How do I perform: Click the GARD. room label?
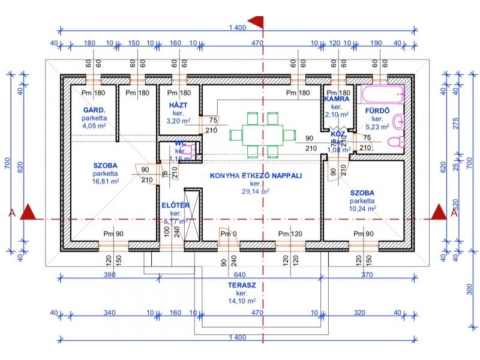tap(94, 110)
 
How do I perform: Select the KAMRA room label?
tap(337, 99)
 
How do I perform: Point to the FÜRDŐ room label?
tap(378, 110)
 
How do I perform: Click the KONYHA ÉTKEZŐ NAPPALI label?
tap(255, 176)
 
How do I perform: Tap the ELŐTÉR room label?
tap(176, 206)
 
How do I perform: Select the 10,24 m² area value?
tap(362, 209)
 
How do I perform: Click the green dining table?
tap(263, 134)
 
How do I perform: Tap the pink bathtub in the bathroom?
tap(383, 94)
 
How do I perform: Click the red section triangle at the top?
tap(257, 22)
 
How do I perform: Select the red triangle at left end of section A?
tap(28, 212)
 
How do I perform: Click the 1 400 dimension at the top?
tap(238, 28)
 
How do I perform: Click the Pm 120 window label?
tap(291, 233)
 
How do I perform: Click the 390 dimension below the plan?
tap(109, 274)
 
